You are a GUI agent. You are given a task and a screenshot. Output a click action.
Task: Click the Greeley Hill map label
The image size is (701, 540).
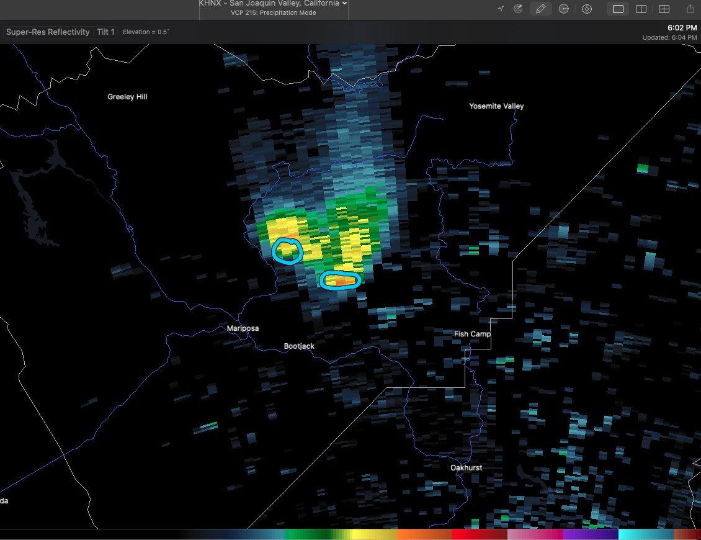pos(127,97)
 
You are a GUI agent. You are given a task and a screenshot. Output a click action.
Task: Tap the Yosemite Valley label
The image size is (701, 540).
pos(496,106)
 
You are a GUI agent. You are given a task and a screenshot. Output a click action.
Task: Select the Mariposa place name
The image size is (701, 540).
pos(243,328)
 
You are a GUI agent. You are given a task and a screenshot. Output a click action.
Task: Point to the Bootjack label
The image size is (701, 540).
pos(299,346)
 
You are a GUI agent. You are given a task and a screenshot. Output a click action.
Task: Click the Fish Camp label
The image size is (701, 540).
pos(472,334)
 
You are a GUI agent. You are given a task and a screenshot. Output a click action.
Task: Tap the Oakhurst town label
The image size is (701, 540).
pos(467,467)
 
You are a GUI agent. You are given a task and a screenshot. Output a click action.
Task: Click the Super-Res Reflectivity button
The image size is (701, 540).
pos(48,32)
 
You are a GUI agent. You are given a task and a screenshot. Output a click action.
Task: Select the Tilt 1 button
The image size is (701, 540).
pos(105,32)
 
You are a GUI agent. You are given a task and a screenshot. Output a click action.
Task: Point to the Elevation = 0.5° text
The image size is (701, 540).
pos(146,32)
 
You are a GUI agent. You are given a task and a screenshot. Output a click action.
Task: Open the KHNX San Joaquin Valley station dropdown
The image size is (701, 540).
pos(273,4)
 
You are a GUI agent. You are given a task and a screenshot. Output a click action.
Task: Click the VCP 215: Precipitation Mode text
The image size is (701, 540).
pos(273,13)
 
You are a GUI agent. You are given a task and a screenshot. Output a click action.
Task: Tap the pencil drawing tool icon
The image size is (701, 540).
pos(540,9)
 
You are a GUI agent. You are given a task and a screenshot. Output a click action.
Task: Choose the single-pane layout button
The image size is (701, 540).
pos(618,9)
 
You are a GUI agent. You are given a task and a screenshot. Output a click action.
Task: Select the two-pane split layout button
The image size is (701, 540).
pos(641,9)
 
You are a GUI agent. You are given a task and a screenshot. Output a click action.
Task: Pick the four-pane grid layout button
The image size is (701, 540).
pos(664,9)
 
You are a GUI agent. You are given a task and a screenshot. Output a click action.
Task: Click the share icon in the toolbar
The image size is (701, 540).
pos(690,9)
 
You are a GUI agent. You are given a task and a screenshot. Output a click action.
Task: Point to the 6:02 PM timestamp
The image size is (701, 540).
pos(682,28)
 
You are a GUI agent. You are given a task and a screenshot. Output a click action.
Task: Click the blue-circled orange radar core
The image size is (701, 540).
pos(341,281)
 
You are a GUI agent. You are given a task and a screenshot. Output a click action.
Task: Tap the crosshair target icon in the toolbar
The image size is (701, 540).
pos(587,9)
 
